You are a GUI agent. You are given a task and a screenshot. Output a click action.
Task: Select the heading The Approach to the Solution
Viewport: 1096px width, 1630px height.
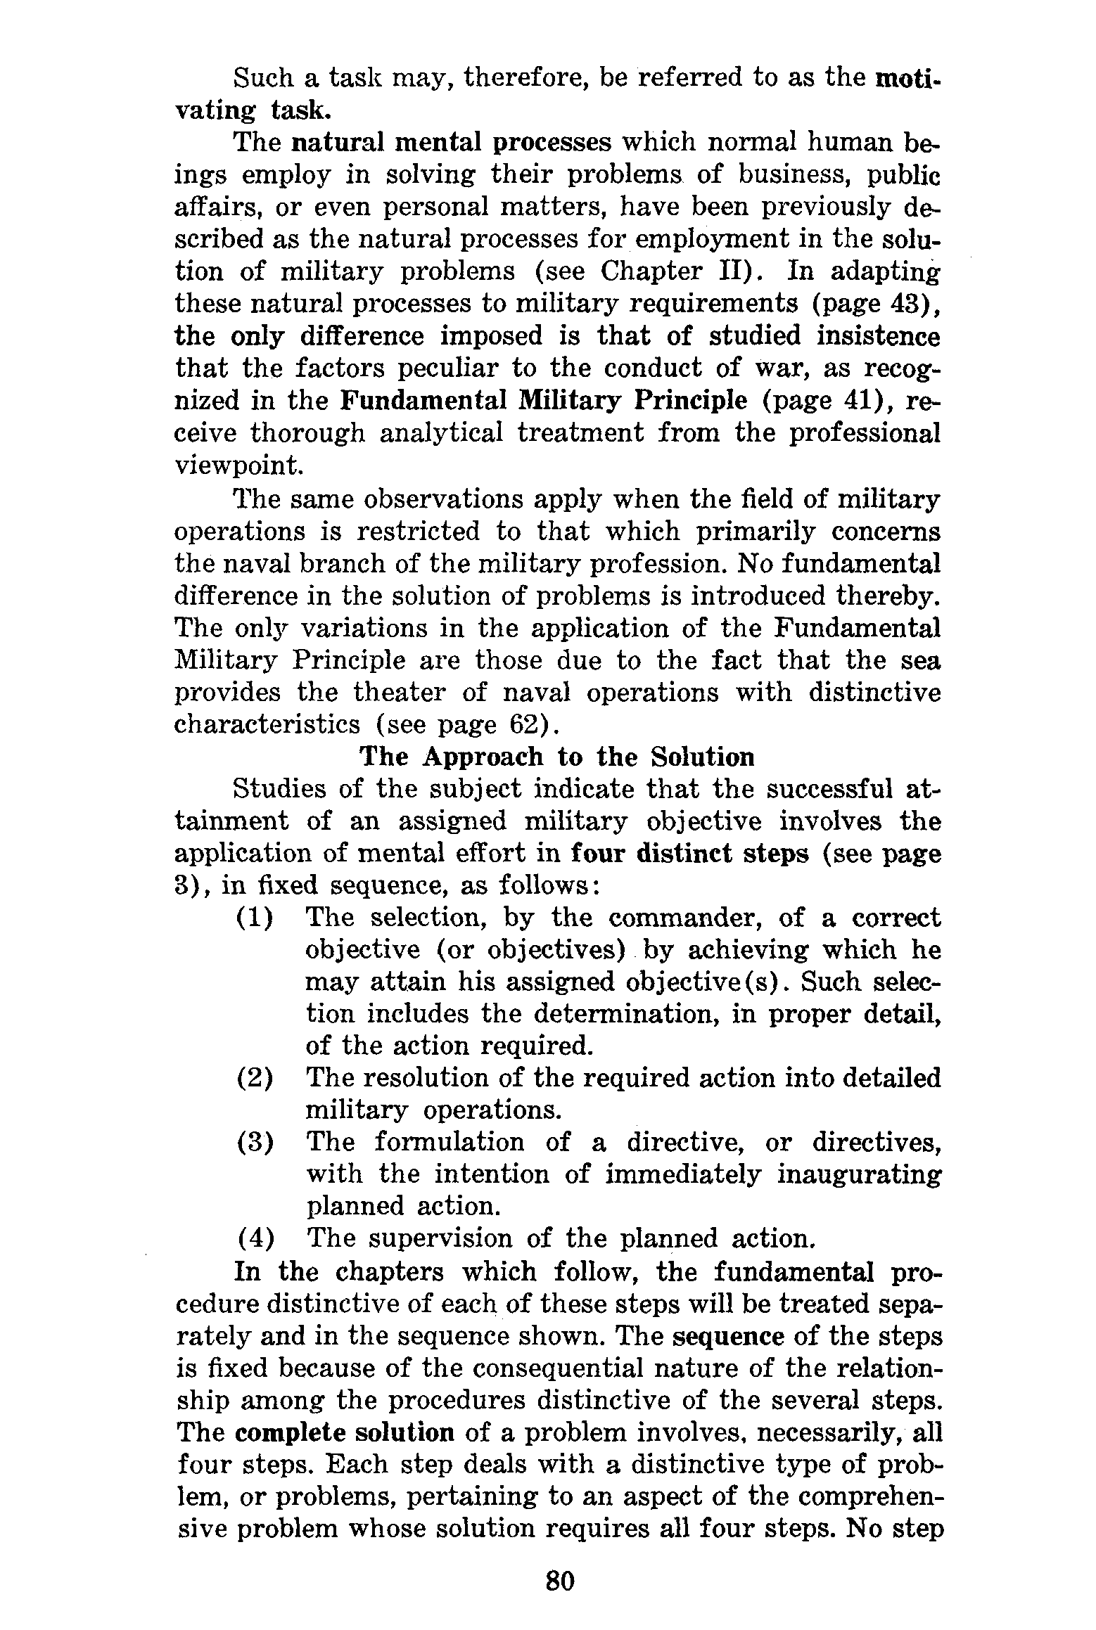pos(556,757)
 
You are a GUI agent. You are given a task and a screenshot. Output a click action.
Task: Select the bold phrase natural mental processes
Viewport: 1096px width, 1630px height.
pos(451,143)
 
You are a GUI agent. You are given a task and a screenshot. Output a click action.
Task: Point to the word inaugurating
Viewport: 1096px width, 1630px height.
pos(858,1174)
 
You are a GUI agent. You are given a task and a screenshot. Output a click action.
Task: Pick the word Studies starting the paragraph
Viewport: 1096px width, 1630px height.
pos(276,790)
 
